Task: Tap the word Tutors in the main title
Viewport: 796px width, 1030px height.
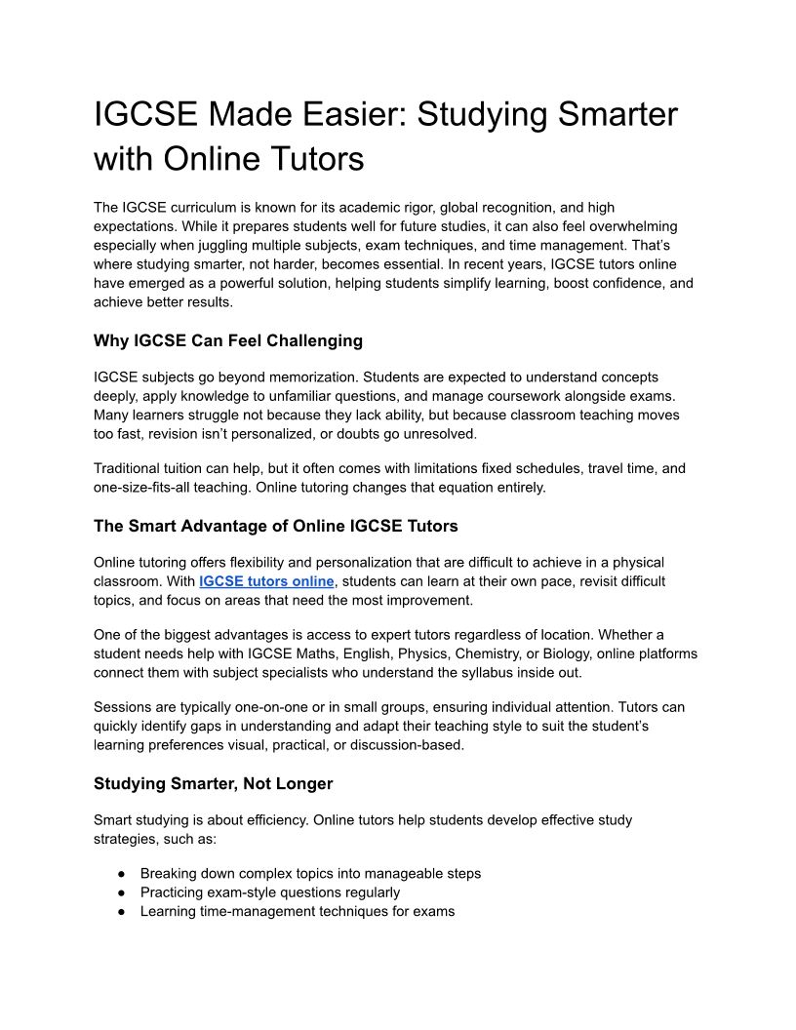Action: (312, 158)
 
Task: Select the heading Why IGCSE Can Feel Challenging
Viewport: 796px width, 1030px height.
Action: (227, 340)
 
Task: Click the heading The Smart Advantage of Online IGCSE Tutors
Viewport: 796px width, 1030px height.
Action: (275, 526)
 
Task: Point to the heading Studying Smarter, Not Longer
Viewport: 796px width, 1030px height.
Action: (213, 783)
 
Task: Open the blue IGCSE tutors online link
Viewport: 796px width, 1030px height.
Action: (266, 581)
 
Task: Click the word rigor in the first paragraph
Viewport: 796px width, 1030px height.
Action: (419, 208)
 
